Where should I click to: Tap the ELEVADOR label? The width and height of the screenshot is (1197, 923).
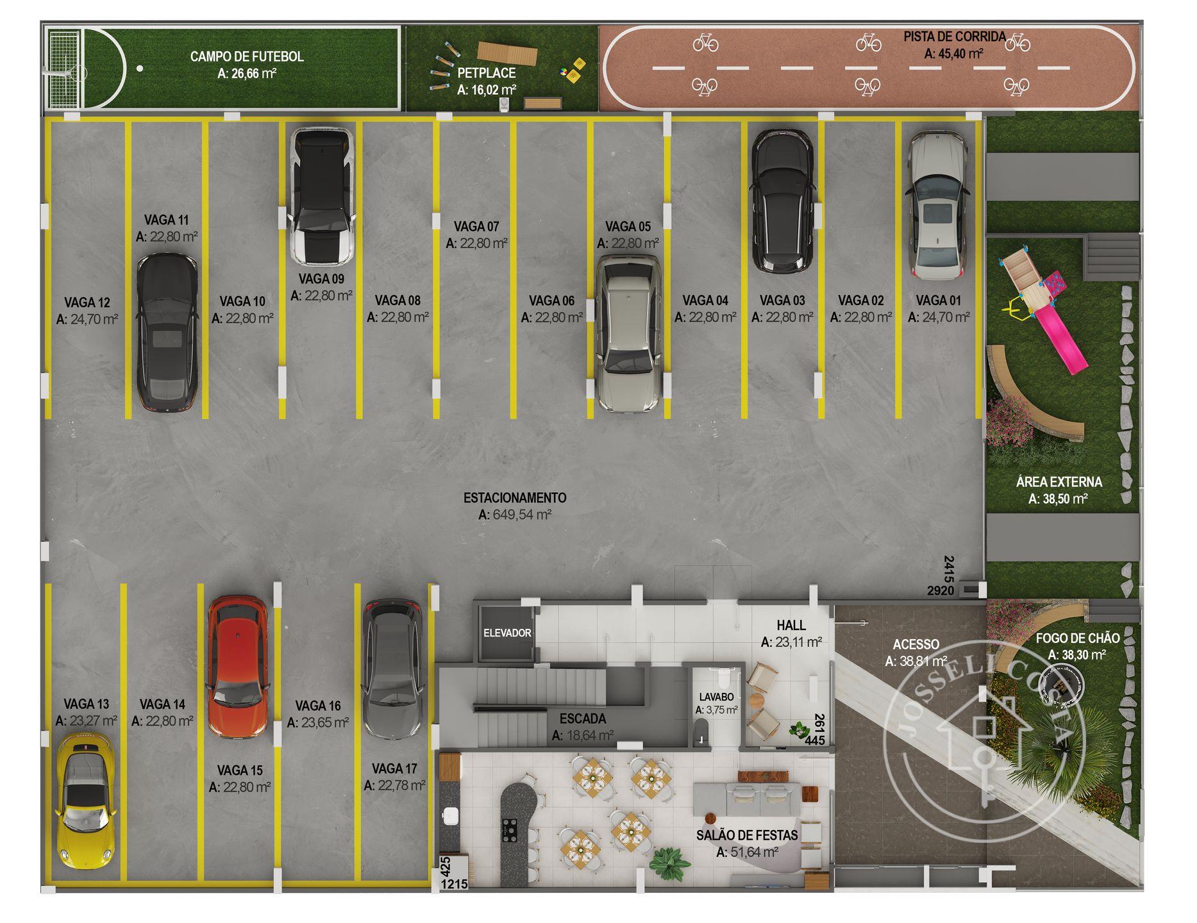click(507, 633)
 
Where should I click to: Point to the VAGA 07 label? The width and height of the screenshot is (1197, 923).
click(476, 226)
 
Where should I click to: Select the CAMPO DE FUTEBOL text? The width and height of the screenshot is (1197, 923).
click(247, 56)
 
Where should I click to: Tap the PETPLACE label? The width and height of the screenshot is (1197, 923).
click(487, 73)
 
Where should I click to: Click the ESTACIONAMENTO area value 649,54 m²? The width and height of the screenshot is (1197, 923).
click(515, 515)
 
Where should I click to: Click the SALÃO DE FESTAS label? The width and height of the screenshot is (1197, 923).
click(747, 835)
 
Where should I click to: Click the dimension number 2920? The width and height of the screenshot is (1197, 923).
click(941, 590)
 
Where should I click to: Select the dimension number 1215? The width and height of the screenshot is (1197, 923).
click(455, 885)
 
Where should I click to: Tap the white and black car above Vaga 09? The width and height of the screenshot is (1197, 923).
click(321, 196)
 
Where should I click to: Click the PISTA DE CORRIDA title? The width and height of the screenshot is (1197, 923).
click(955, 37)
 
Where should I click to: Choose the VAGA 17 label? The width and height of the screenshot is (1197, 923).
click(394, 769)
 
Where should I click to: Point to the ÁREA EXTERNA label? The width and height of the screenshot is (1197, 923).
click(1059, 482)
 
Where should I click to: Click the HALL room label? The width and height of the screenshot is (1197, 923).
click(791, 625)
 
